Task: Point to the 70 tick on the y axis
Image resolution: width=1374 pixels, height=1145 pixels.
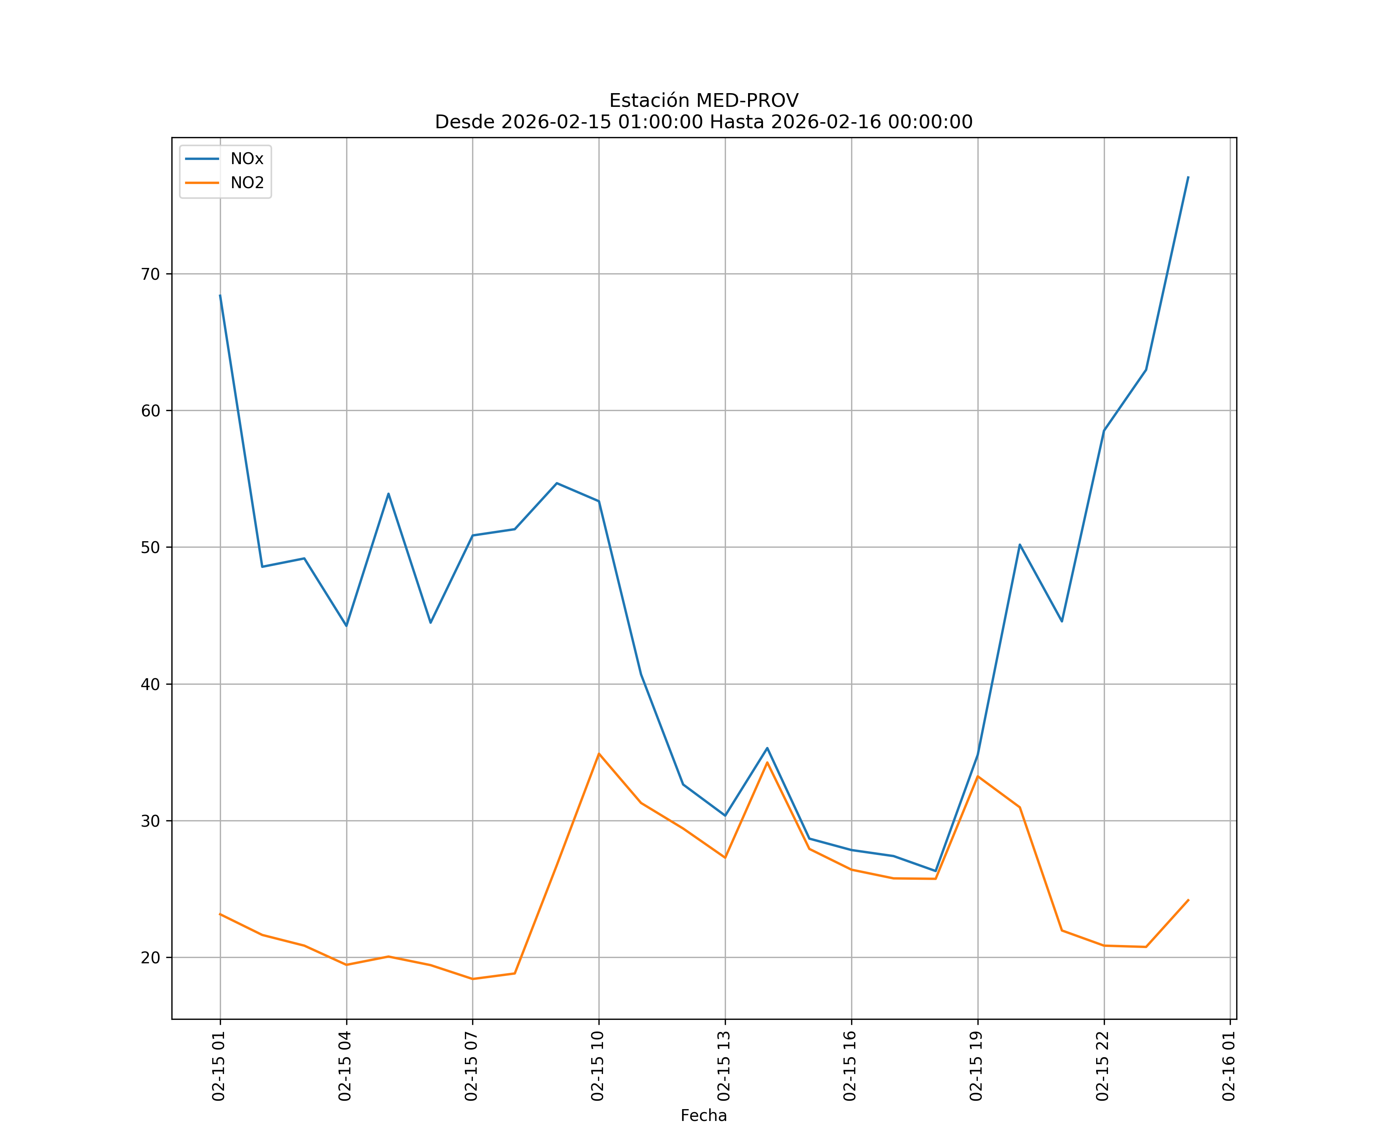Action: (150, 274)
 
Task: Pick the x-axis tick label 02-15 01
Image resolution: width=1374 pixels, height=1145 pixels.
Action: (219, 1066)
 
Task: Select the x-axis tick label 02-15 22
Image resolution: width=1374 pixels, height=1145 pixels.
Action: (1103, 1066)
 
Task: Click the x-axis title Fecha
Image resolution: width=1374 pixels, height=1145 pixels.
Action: (703, 1116)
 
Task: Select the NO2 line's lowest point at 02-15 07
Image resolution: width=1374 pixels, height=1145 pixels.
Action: (473, 979)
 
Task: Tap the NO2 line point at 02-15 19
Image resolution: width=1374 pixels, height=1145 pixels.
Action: (977, 776)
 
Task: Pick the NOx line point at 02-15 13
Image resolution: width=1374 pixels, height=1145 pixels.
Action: (725, 815)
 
